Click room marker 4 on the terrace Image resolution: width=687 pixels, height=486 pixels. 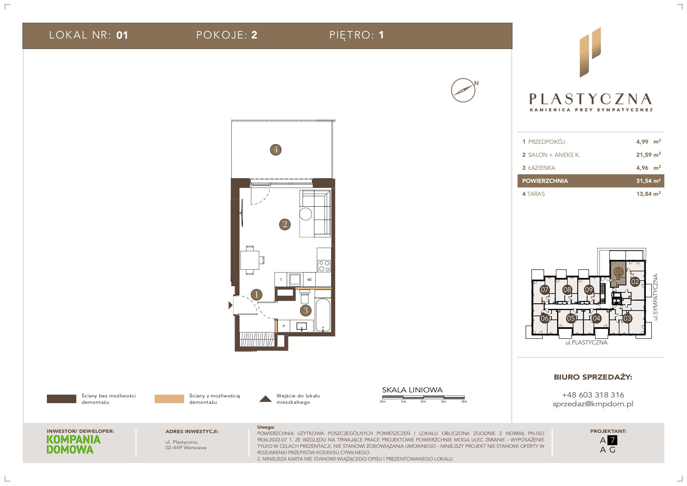[276, 149]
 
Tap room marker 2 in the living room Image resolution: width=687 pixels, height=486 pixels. [285, 224]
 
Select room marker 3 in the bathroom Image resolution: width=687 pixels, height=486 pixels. [305, 310]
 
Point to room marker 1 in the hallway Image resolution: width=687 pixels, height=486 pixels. [256, 295]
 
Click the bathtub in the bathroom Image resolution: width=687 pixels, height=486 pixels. [323, 315]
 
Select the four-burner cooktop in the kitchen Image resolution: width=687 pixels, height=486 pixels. [324, 266]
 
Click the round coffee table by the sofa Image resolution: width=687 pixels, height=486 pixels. [305, 214]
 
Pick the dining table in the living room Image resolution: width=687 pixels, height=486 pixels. [250, 260]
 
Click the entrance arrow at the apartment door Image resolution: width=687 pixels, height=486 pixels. [230, 305]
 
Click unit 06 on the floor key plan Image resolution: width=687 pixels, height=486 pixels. [545, 318]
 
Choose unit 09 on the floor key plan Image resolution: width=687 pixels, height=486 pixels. [589, 290]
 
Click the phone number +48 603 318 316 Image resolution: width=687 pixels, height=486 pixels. [593, 395]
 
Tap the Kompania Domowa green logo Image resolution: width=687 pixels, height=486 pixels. [74, 444]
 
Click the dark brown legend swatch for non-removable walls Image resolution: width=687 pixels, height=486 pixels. [61, 399]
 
